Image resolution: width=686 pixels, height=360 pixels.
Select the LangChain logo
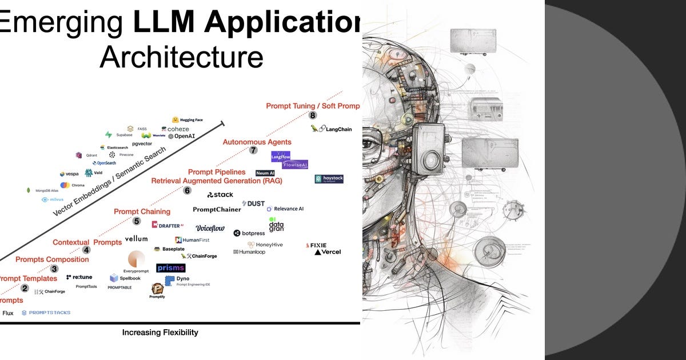point(331,129)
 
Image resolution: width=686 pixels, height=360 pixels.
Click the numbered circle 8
point(313,115)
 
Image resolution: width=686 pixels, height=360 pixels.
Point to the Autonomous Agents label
point(257,142)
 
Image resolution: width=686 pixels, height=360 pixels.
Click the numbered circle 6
point(187,191)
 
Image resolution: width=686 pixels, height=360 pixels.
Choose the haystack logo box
point(329,179)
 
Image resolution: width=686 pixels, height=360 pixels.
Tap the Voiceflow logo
point(210,228)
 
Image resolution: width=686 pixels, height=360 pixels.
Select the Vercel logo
point(328,252)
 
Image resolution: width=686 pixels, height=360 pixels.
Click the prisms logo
point(170,267)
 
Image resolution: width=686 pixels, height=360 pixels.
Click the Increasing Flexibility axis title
point(160,332)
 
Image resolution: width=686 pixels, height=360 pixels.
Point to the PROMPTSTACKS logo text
point(46,313)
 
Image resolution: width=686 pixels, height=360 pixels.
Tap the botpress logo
point(249,233)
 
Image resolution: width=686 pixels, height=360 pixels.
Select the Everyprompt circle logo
point(136,259)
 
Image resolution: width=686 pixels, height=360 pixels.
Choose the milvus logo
point(53,199)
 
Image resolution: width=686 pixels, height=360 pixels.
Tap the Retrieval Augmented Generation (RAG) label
point(216,181)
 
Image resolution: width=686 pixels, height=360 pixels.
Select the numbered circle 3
point(54,269)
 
